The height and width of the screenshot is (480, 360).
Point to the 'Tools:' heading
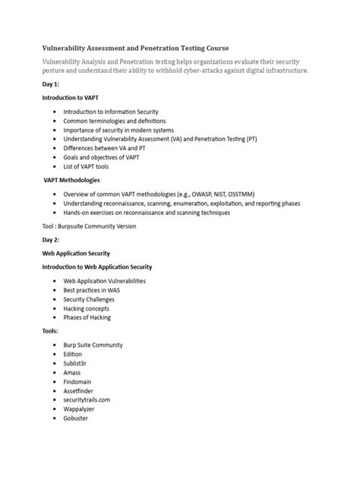52,332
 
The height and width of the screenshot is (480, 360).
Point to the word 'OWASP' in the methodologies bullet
212,194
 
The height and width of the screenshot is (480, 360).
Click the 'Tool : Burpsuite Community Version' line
89,226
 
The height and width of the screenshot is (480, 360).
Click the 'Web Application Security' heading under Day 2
77,252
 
